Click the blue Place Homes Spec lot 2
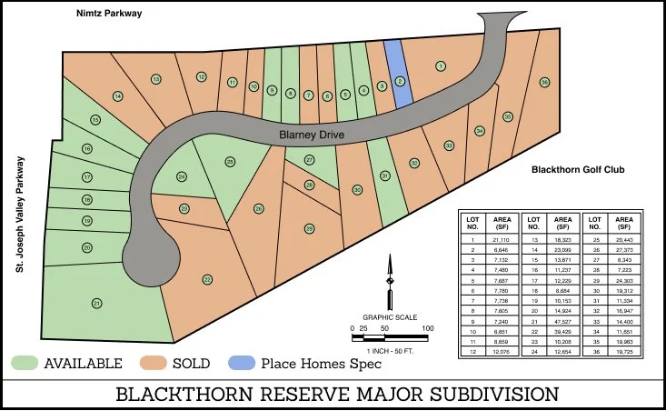[399, 80]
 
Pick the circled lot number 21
[96, 303]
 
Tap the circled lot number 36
[543, 83]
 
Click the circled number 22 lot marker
[207, 279]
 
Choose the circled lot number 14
[117, 96]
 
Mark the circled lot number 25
[230, 161]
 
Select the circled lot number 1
[441, 65]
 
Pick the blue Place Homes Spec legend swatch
[246, 364]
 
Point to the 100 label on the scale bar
[427, 328]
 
